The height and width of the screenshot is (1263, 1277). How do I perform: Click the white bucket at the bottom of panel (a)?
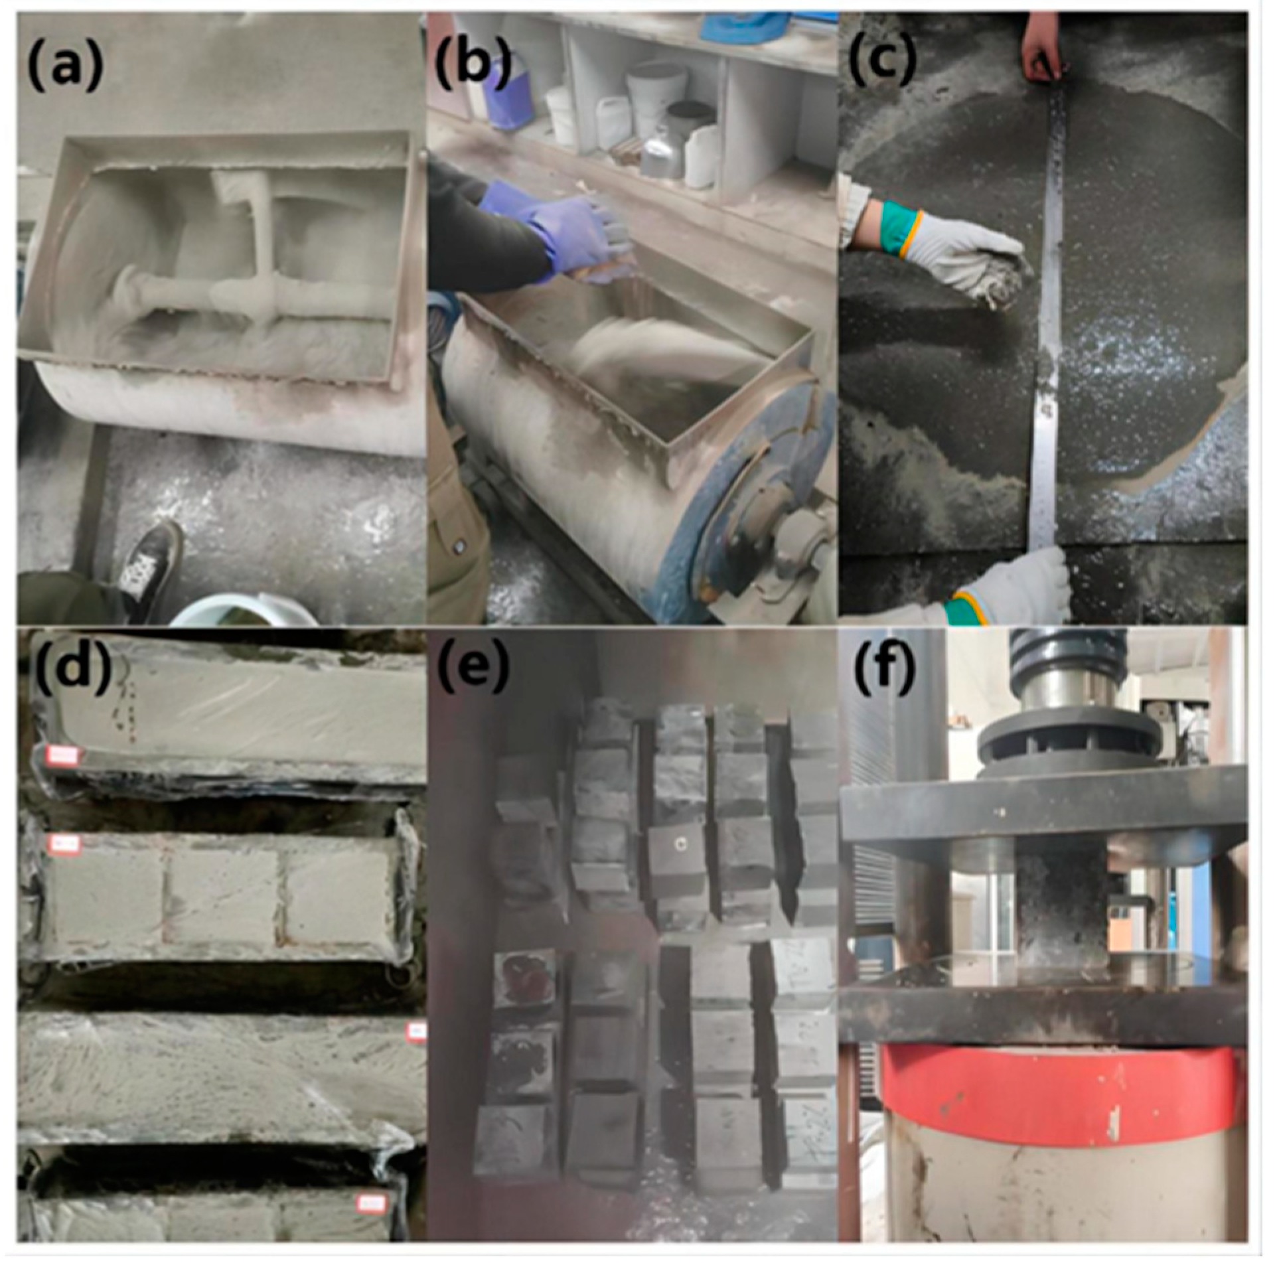click(x=246, y=611)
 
